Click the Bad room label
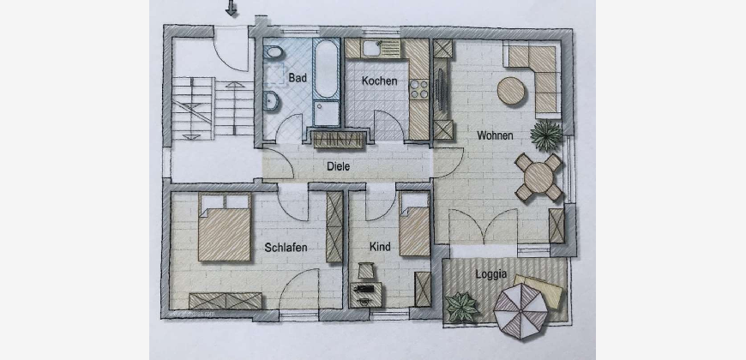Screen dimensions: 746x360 coord(298,77)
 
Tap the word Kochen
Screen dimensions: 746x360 coord(379,81)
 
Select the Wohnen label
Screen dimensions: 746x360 coord(496,135)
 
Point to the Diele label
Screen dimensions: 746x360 coord(338,166)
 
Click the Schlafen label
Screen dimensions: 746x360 coord(286,248)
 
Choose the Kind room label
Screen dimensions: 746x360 coord(380,246)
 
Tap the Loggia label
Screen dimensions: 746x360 coord(490,274)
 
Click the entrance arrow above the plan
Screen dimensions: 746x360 coord(232,8)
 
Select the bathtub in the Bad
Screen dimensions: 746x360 coord(327,69)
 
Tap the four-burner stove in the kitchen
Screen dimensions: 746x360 coord(418,89)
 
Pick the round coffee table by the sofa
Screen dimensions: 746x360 coord(511,91)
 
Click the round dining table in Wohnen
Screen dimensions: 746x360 coord(538,177)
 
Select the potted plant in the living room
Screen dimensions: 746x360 coord(547,135)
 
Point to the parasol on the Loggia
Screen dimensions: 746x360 coord(520,311)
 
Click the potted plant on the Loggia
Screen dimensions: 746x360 coord(461,307)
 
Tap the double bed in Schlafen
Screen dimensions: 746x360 coord(225,227)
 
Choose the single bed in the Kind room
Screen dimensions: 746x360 coord(414,224)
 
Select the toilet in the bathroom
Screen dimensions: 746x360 coord(273,51)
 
